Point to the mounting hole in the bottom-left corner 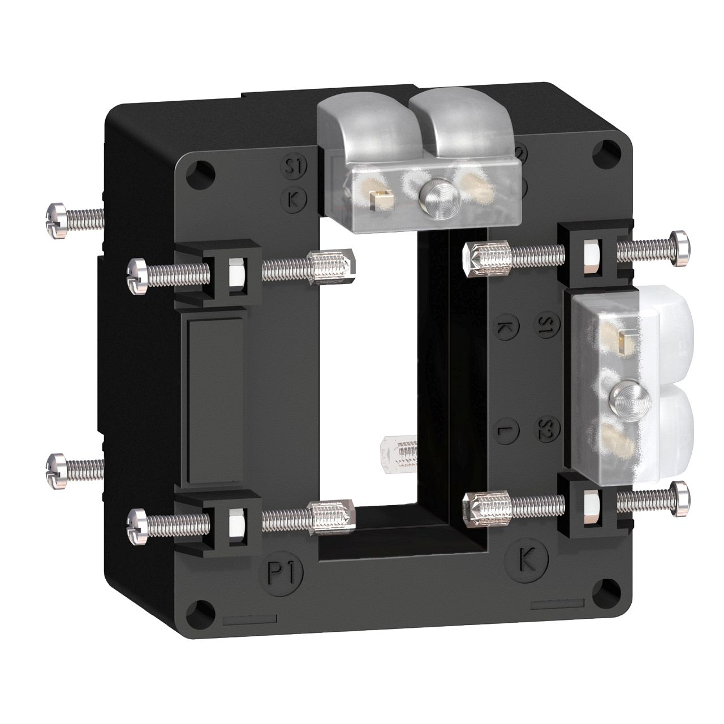[x=201, y=612]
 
